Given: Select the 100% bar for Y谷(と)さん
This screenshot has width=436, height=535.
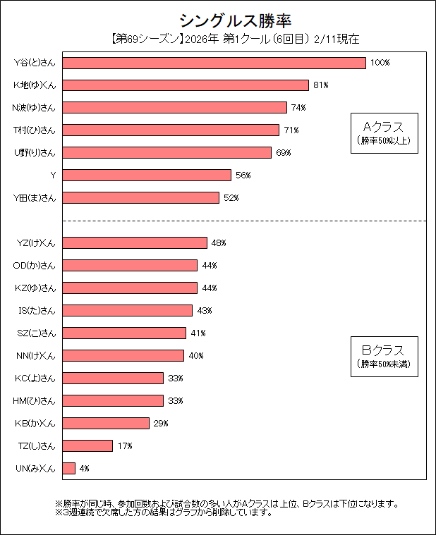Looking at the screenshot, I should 214,63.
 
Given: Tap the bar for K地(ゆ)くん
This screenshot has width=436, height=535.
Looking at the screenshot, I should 186,85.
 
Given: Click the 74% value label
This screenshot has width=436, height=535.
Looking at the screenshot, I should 298,108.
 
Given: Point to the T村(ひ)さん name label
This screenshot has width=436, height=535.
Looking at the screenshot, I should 35,130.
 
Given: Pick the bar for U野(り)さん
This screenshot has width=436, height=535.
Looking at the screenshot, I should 167,152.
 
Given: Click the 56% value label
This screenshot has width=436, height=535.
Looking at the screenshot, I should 243,175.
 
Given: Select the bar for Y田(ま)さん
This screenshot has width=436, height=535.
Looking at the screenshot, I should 141,197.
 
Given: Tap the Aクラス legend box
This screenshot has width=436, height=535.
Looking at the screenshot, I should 383,131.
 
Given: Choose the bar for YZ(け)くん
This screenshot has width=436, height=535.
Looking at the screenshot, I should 135,242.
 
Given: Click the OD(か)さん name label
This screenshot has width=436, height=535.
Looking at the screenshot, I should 35,265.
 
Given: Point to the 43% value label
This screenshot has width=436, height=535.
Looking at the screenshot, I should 205,310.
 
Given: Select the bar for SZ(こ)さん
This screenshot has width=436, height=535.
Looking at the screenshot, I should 125,333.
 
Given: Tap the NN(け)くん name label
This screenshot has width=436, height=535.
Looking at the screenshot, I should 35,355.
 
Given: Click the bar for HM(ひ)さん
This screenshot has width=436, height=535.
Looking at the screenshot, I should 114,400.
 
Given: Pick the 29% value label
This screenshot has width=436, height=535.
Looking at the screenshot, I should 161,424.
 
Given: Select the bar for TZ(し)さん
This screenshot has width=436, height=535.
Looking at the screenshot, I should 88,445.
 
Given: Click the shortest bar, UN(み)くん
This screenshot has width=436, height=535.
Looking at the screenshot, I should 69,468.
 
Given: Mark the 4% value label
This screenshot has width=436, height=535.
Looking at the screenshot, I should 85,469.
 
